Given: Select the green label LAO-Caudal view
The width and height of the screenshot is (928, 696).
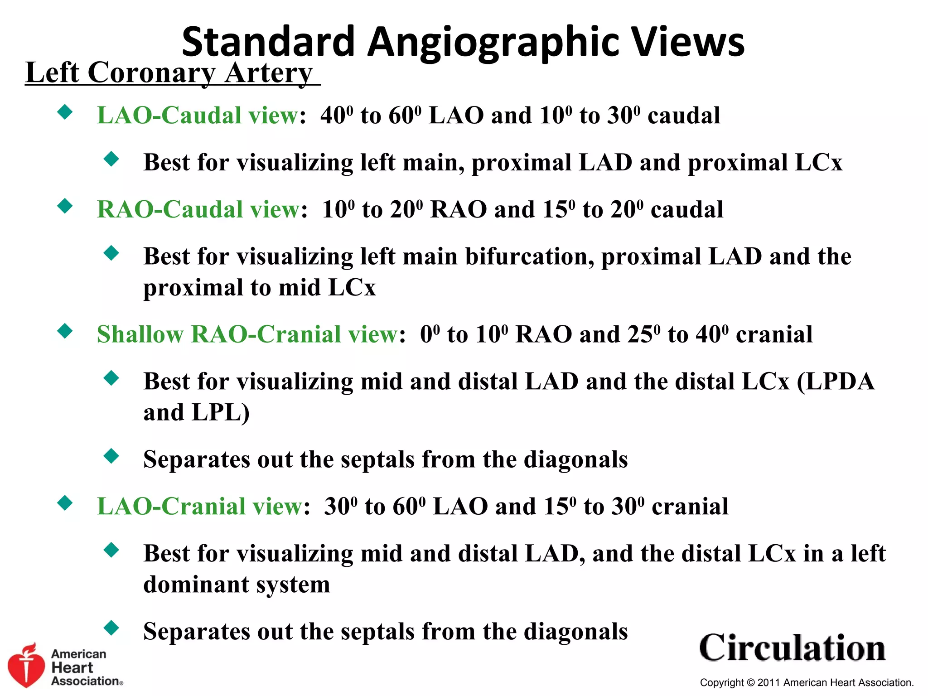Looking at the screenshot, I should [198, 115].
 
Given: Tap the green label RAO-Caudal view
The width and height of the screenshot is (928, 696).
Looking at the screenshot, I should [198, 209].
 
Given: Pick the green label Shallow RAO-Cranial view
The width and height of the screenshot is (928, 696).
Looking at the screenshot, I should [247, 334].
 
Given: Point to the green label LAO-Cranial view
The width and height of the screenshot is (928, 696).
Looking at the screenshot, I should [200, 506].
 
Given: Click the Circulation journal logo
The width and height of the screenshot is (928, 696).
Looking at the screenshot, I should [792, 648].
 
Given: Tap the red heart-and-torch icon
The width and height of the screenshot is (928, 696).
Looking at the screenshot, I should [26, 665].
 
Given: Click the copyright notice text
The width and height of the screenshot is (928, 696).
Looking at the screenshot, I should [807, 682].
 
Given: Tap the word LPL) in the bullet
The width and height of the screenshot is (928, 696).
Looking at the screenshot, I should [220, 413].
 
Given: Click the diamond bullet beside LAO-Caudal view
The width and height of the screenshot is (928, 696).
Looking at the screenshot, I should [65, 111].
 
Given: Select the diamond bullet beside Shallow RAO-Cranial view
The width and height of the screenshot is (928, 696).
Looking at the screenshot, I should [65, 331].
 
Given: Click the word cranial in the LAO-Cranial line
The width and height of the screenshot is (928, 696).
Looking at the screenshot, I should [690, 506].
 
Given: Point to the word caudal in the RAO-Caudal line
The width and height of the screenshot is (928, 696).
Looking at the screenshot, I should [687, 209].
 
